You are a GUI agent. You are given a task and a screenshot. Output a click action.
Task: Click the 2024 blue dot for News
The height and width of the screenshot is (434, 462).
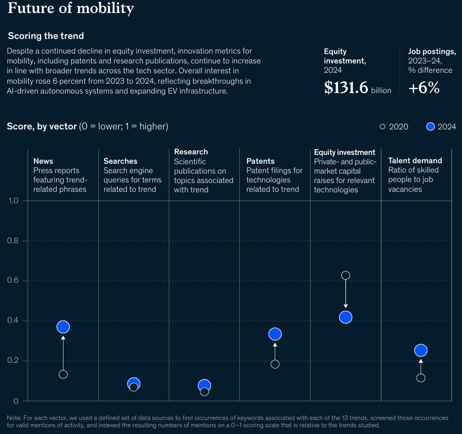pyautogui.click(x=63, y=327)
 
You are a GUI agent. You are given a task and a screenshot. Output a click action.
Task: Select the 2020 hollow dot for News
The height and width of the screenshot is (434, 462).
pyautogui.click(x=63, y=374)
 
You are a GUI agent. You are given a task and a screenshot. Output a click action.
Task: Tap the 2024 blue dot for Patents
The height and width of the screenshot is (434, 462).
pyautogui.click(x=275, y=334)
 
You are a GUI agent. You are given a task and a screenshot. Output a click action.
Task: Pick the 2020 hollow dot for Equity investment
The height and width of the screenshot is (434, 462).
pyautogui.click(x=345, y=275)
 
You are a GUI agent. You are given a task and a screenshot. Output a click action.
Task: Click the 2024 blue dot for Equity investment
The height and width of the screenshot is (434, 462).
pyautogui.click(x=345, y=317)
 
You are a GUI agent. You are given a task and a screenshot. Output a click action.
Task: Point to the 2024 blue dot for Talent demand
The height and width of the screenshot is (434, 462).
pyautogui.click(x=421, y=350)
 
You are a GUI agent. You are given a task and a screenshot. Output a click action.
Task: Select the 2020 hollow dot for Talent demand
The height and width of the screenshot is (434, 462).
pyautogui.click(x=421, y=378)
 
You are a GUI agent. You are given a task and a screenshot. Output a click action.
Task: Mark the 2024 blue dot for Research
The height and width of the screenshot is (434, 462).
pyautogui.click(x=204, y=385)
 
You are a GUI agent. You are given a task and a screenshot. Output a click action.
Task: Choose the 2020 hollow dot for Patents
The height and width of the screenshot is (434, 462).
pyautogui.click(x=275, y=364)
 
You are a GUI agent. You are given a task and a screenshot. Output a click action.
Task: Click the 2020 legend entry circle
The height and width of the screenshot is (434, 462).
pyautogui.click(x=382, y=126)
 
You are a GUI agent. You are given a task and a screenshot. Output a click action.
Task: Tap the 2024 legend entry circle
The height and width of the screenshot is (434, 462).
pyautogui.click(x=430, y=126)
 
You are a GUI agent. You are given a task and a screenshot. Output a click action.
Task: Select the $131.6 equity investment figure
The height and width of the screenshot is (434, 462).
pyautogui.click(x=346, y=88)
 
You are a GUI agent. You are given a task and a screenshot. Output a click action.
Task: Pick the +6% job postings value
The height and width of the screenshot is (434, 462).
pyautogui.click(x=423, y=88)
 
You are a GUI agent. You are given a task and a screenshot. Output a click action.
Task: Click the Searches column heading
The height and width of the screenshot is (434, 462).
pyautogui.click(x=120, y=161)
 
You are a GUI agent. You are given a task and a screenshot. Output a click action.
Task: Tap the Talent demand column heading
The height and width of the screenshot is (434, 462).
pyautogui.click(x=415, y=161)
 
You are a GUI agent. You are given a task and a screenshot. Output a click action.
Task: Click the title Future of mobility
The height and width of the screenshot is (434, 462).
pyautogui.click(x=71, y=9)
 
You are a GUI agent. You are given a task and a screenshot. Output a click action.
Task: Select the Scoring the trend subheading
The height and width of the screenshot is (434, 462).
pyautogui.click(x=46, y=36)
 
